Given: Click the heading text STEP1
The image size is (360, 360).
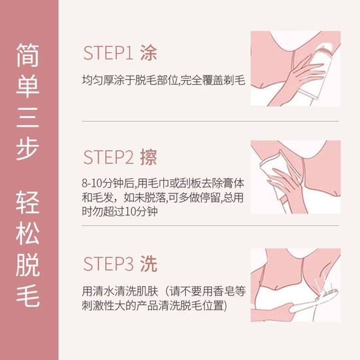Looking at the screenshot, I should (x=108, y=53).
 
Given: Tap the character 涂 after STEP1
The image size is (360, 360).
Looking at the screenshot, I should (x=150, y=53).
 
